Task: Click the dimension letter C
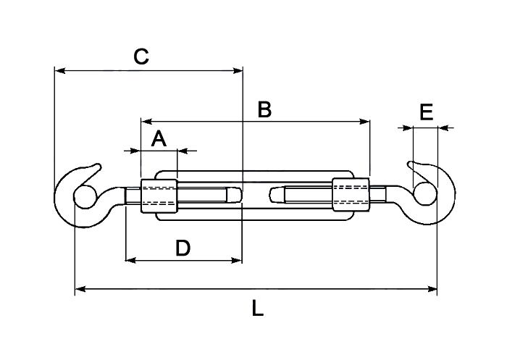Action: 141,56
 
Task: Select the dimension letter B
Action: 264,109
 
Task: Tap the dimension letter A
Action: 159,139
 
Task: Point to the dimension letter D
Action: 183,248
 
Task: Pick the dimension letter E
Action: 426,112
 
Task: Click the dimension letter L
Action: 258,308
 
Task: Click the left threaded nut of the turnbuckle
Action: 159,196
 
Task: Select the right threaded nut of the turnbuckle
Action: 351,194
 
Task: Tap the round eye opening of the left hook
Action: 85,197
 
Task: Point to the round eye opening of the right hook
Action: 425,193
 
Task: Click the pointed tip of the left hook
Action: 99,166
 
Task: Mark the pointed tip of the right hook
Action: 411,164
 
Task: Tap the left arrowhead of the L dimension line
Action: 80,288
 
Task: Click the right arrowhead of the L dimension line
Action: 432,289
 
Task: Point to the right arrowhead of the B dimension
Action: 364,122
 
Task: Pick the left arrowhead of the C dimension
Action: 60,70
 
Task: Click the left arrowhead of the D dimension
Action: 130,260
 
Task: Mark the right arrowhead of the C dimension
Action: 238,70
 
